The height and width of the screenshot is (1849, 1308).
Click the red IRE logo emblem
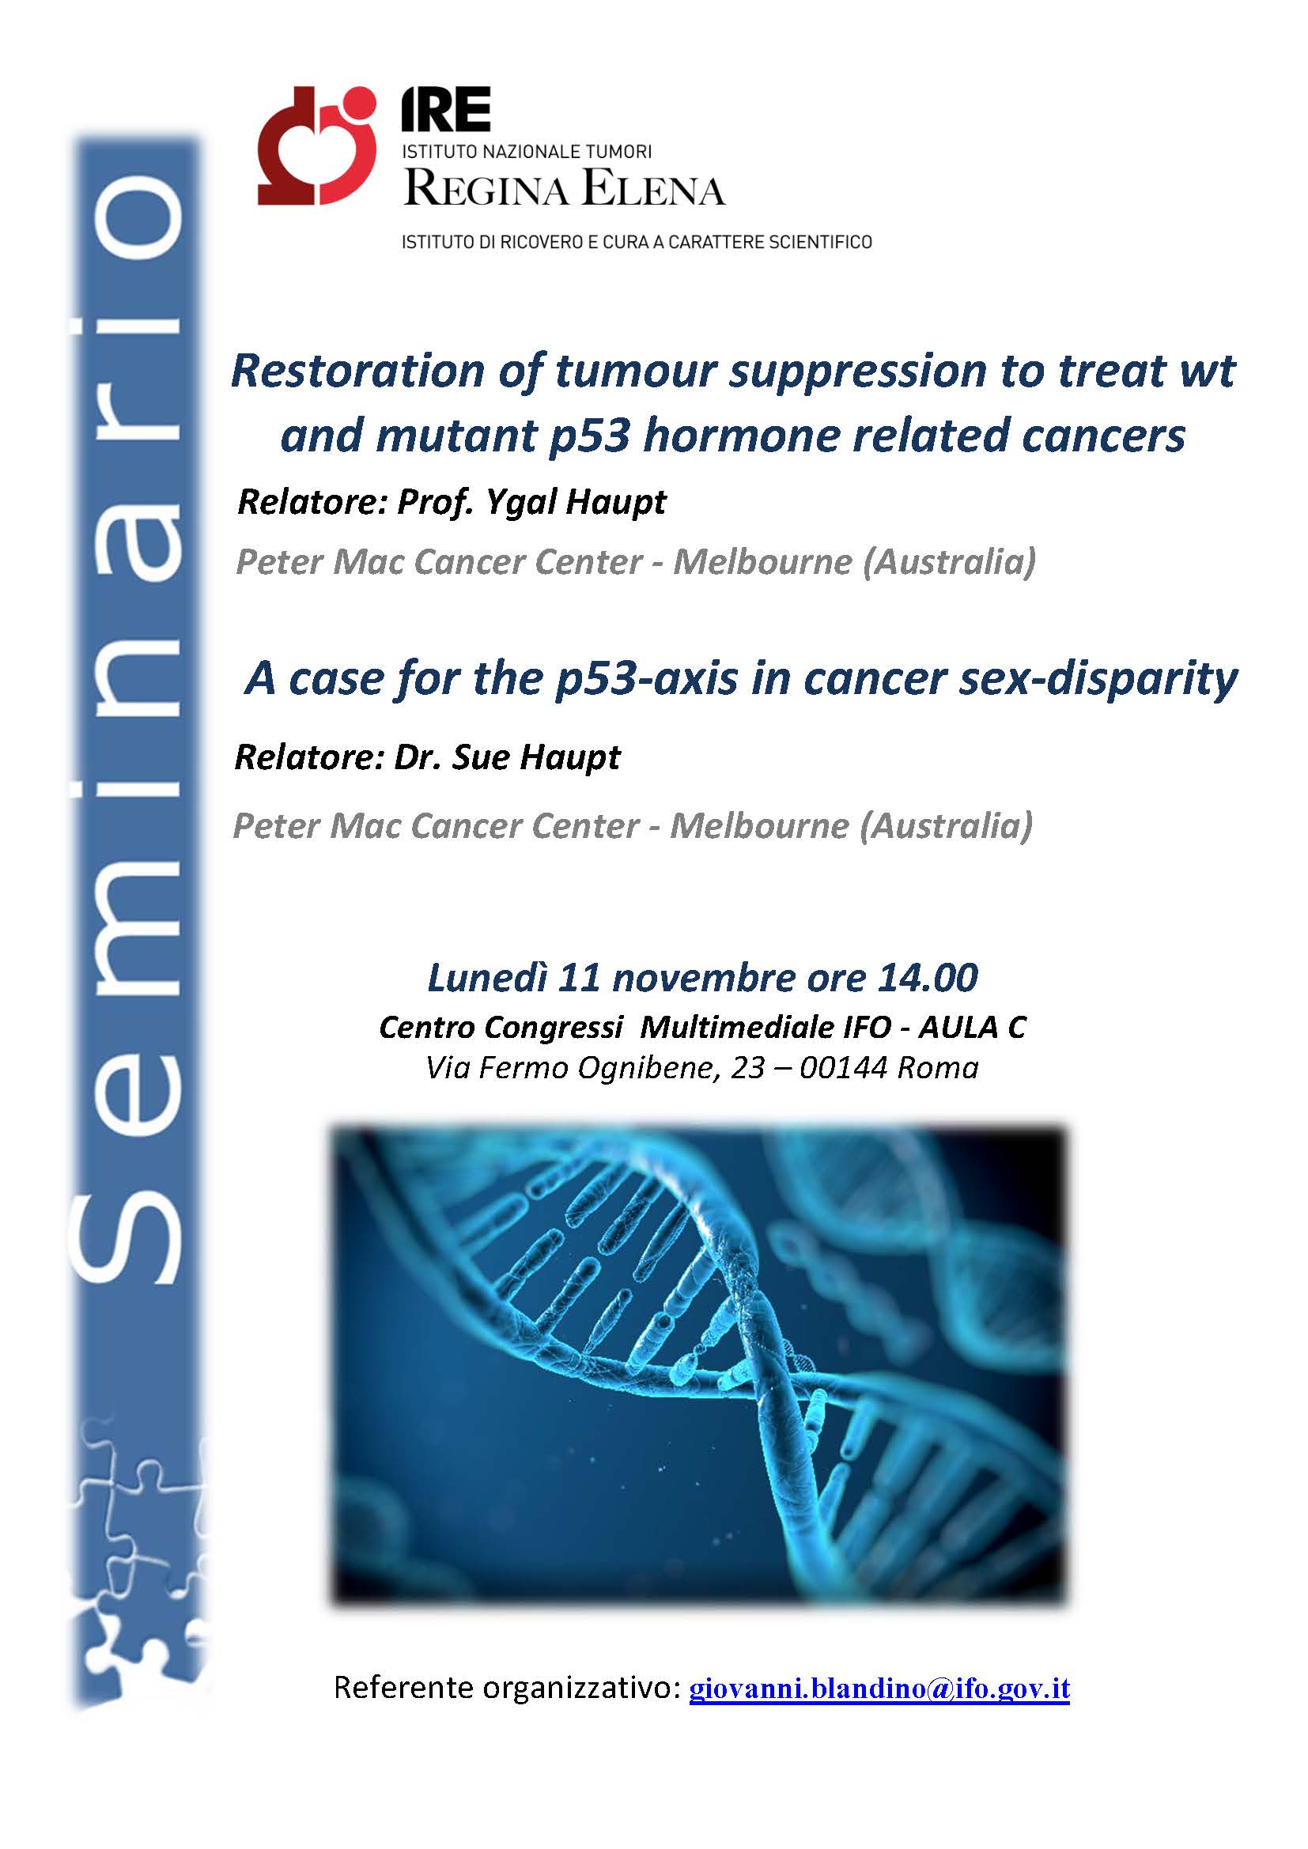click(x=316, y=145)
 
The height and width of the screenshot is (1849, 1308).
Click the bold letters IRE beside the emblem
click(x=446, y=111)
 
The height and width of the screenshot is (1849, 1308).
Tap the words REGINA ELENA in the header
click(x=565, y=190)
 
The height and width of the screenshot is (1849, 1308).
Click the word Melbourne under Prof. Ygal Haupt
click(x=762, y=562)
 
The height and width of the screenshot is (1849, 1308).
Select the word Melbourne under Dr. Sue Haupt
click(x=759, y=826)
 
